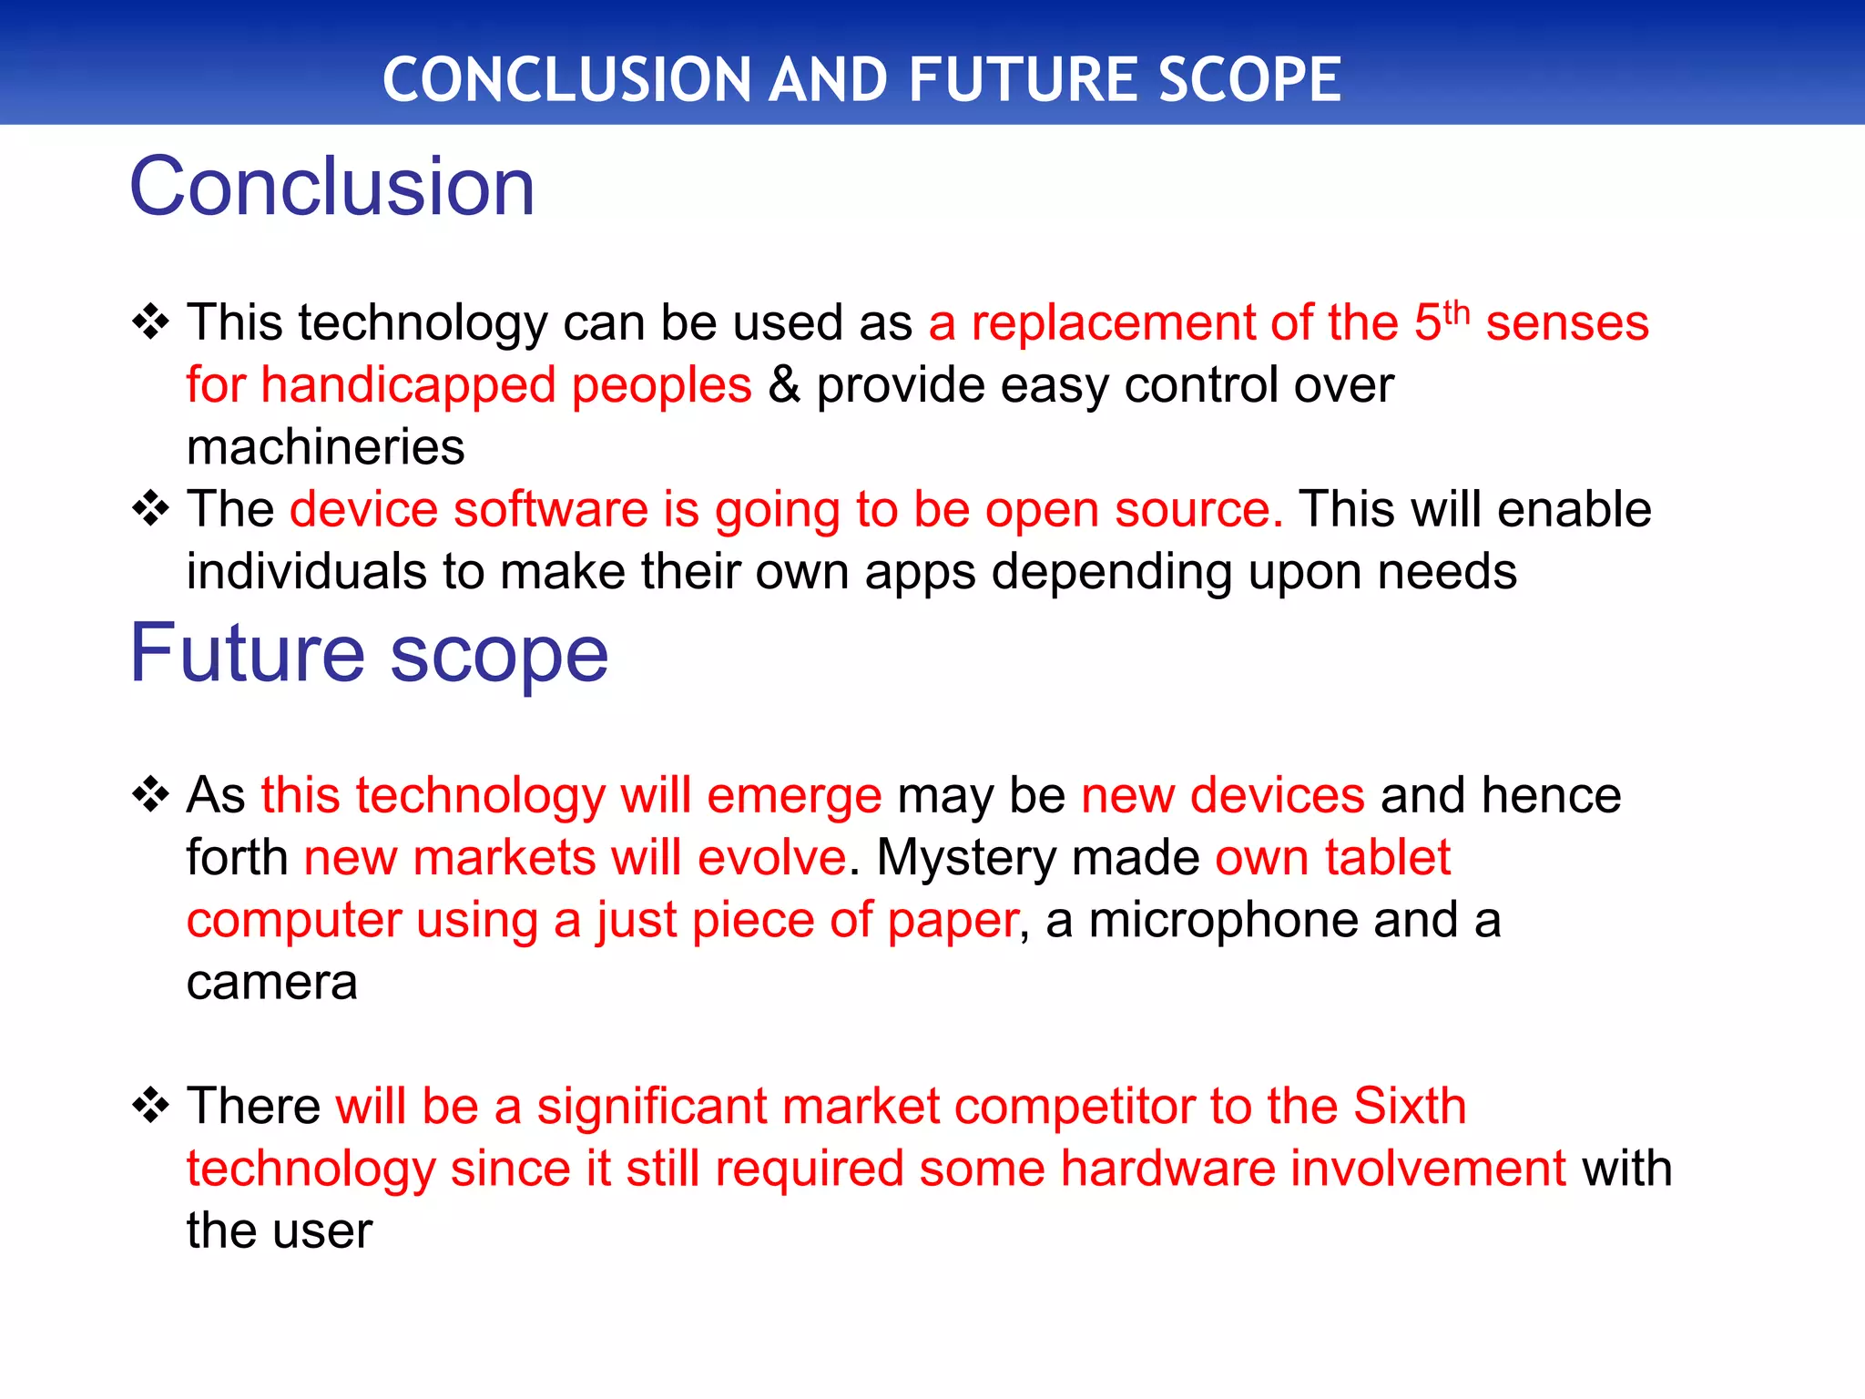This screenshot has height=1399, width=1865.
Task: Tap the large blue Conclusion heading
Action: [x=332, y=187]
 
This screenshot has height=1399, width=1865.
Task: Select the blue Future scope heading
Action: [x=369, y=653]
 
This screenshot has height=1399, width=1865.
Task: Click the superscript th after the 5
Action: [x=1456, y=312]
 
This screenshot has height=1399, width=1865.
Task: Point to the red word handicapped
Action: [x=408, y=385]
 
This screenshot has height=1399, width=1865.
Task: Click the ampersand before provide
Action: [x=783, y=385]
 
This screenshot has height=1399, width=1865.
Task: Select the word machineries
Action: [x=325, y=447]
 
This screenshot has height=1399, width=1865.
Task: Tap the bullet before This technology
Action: [x=150, y=322]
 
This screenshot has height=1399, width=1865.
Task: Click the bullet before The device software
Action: [x=150, y=509]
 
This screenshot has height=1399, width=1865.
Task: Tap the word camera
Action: [x=271, y=983]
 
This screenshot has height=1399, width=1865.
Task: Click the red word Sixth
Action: [x=1409, y=1107]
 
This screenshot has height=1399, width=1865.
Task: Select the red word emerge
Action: [x=793, y=796]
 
